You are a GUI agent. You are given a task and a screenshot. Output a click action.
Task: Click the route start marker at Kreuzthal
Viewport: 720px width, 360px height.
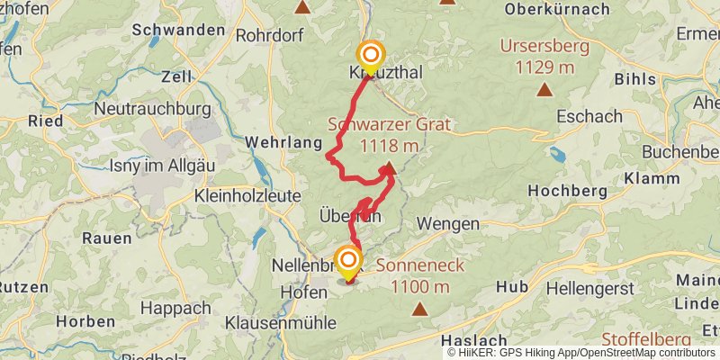(369, 56)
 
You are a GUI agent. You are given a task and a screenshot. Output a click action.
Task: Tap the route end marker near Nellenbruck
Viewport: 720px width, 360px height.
(347, 263)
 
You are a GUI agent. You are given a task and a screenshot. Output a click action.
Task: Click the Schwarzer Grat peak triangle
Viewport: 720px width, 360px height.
(389, 167)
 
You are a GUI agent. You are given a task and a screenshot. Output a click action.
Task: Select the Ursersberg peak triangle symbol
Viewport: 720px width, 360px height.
(544, 89)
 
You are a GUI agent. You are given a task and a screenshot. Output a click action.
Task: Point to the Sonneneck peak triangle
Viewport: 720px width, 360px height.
(419, 310)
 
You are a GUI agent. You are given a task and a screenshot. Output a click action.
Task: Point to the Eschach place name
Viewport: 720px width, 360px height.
(589, 116)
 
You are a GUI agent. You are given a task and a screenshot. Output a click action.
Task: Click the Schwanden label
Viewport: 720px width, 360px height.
(178, 30)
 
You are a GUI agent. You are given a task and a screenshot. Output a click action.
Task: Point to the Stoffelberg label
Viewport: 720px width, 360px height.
(646, 338)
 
